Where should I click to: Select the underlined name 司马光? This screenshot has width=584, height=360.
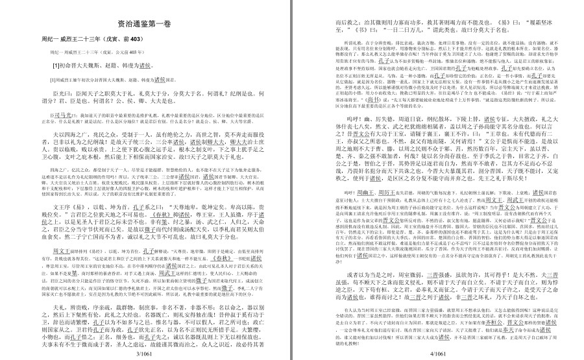click(x=62, y=114)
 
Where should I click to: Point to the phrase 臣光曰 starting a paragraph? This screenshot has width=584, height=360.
click(x=61, y=93)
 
